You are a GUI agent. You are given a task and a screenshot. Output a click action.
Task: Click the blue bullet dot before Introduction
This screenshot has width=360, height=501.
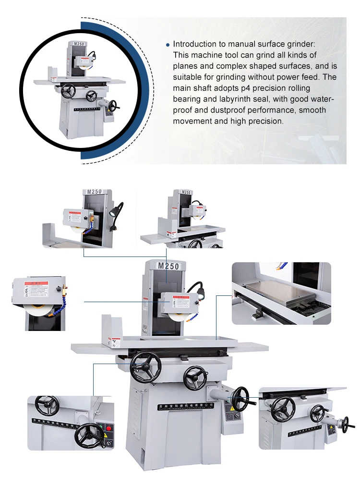coord(168,45)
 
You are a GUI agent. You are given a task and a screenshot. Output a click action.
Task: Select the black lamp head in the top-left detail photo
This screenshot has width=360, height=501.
coord(118,206)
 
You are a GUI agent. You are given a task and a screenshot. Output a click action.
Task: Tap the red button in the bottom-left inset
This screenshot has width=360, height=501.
coord(108,428)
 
